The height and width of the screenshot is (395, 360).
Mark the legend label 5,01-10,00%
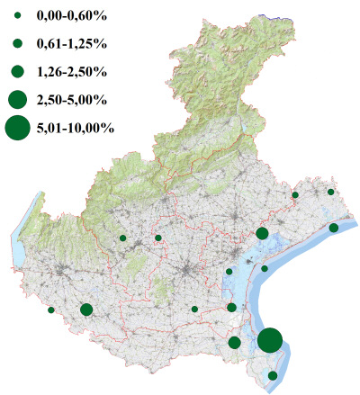76,128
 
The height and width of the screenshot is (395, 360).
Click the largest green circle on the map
270,340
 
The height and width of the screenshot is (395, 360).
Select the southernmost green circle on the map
274,375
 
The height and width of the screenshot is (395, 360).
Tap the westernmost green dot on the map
51,310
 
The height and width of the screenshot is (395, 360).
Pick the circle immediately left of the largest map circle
235,342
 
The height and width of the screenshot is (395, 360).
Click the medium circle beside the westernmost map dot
86,310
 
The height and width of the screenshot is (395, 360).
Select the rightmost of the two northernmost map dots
331,192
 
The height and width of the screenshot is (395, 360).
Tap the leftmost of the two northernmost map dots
295,194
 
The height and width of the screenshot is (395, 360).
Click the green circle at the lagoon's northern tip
262,233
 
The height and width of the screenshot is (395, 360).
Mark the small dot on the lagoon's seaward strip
265,268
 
